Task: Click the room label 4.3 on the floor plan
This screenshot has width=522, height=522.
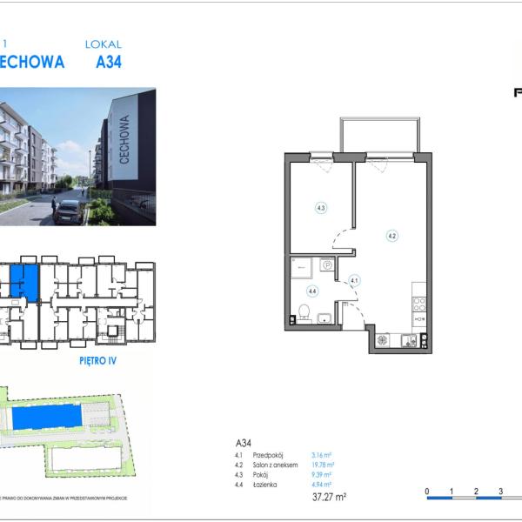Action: tap(321, 208)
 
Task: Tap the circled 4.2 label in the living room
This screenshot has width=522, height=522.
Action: tap(392, 235)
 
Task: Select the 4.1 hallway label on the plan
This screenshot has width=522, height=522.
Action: tap(354, 280)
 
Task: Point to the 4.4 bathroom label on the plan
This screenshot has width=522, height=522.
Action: tap(311, 291)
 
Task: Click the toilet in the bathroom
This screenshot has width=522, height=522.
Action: tap(304, 313)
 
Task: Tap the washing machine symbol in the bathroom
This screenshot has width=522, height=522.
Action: tap(327, 265)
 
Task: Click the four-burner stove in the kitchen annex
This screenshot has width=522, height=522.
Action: tap(418, 304)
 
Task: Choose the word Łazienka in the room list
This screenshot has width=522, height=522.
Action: tap(265, 484)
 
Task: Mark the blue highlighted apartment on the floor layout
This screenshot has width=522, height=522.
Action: tap(23, 282)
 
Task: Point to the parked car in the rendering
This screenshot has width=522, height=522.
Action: tap(67, 211)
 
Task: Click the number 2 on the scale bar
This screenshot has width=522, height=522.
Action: tap(476, 492)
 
